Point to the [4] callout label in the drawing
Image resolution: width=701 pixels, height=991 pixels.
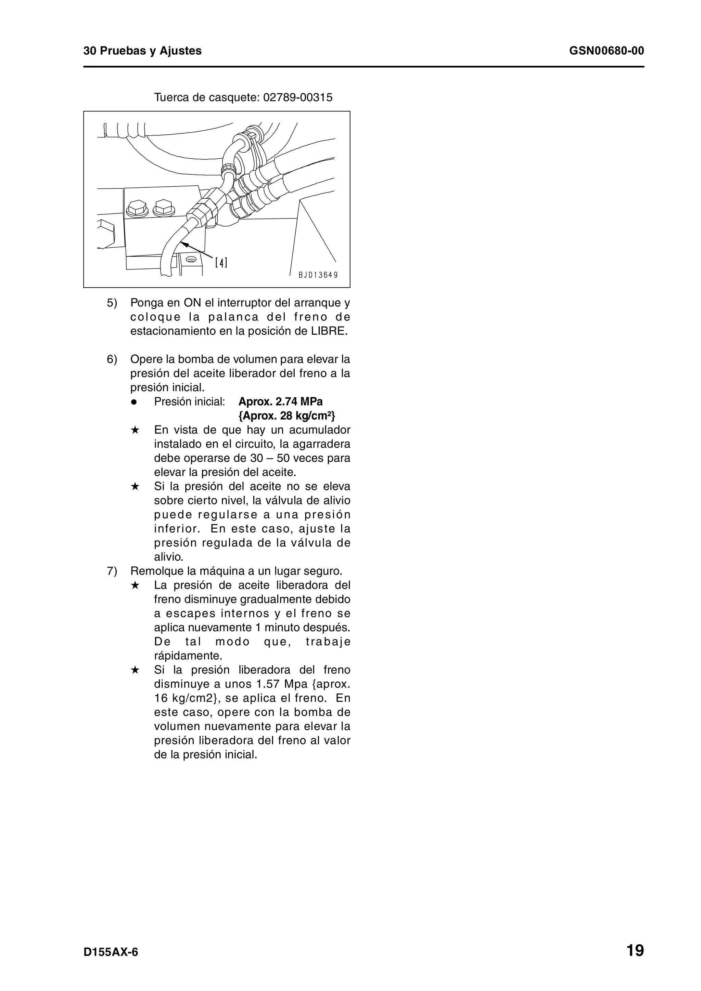(x=221, y=262)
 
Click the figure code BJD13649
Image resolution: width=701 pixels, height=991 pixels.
(x=318, y=275)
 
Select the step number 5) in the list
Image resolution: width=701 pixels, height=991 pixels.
(x=112, y=303)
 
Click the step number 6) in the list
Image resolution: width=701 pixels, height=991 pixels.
(x=112, y=359)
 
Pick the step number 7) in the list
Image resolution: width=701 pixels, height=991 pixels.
(x=112, y=571)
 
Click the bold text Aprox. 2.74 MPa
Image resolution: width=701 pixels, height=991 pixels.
(x=280, y=402)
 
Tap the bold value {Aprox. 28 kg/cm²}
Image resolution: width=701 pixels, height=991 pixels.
(x=286, y=416)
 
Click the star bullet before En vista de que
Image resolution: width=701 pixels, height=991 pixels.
(x=135, y=430)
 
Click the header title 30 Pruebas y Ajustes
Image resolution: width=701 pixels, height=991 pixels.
(x=142, y=51)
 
